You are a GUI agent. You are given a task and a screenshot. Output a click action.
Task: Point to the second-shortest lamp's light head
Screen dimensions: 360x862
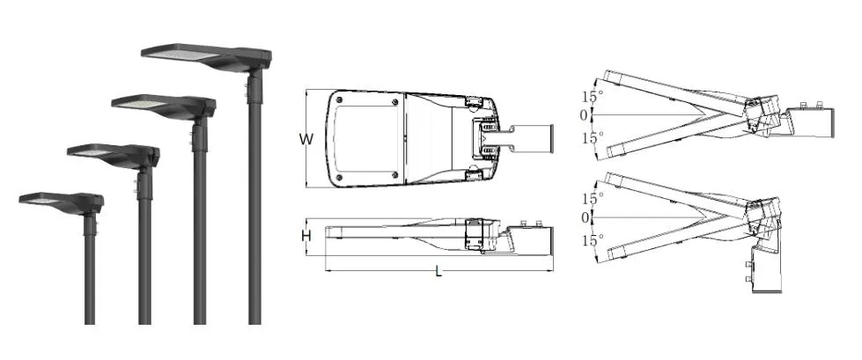[111, 155]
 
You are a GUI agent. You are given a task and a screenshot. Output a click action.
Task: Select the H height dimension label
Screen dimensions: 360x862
[306, 236]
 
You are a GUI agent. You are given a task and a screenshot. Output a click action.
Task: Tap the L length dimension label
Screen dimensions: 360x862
[438, 271]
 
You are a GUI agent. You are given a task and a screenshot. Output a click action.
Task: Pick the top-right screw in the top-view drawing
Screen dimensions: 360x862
[394, 102]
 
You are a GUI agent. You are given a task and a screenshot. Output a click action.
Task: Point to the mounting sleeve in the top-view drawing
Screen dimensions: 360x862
[529, 136]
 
